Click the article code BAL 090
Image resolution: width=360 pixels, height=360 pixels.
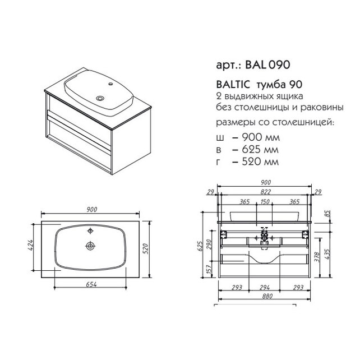coord(267,64)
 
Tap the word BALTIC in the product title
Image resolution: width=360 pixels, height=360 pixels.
coord(233,85)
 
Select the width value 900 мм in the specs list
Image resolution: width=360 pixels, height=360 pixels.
coord(261,137)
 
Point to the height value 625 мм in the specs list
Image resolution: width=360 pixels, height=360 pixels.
coord(260,150)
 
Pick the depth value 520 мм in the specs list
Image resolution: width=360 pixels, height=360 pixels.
coord(260,161)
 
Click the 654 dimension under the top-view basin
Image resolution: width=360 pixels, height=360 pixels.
coord(91,284)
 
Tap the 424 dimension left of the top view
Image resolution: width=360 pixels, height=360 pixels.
coord(30,245)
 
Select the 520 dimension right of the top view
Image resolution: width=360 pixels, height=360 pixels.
coord(146,248)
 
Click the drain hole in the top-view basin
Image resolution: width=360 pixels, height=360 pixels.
coord(90,246)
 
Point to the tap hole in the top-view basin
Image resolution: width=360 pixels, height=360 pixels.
coord(90,231)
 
